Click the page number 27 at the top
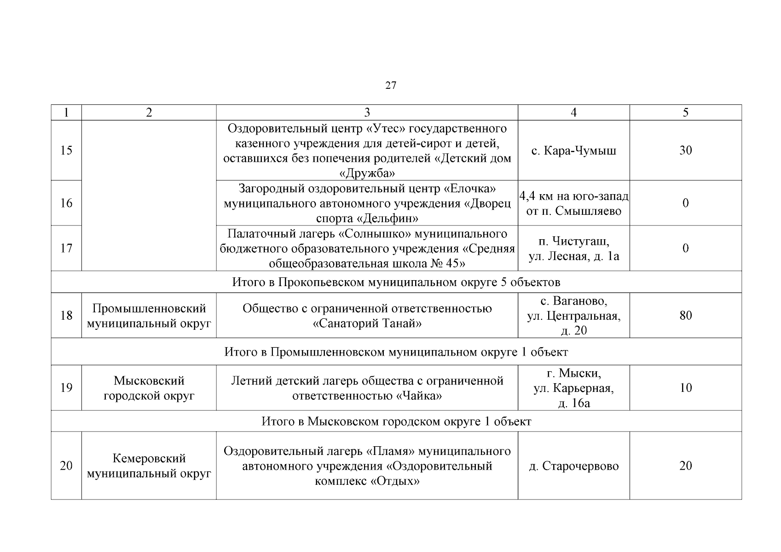(390, 86)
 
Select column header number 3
(367, 113)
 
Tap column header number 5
(685, 113)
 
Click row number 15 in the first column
(66, 150)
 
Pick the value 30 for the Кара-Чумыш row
(685, 150)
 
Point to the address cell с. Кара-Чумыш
(573, 150)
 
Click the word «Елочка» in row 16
(469, 189)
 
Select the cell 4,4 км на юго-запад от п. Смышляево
(573, 203)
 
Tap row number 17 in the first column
(66, 248)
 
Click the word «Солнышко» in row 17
(374, 234)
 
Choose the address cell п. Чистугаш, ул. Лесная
(573, 248)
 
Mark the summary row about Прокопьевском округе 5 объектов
(396, 282)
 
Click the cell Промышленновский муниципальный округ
(149, 316)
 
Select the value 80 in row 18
(685, 316)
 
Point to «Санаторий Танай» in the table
(367, 323)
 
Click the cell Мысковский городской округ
(149, 388)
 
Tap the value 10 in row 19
(685, 388)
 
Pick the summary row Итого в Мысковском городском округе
(396, 421)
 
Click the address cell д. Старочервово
(573, 466)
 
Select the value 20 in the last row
(685, 466)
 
